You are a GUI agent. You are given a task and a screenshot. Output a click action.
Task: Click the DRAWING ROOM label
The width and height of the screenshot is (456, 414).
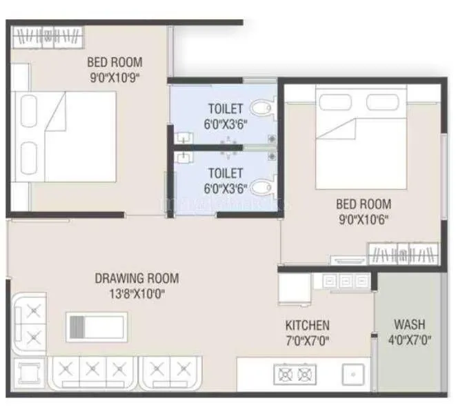click(136, 279)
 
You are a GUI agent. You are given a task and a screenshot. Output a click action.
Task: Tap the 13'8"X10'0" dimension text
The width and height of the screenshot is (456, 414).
click(136, 293)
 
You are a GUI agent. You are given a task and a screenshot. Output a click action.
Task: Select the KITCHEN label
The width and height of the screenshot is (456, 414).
click(307, 325)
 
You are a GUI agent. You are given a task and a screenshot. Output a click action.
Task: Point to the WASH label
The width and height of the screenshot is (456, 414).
click(409, 324)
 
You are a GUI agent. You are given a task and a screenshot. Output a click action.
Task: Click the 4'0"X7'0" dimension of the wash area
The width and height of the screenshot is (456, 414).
click(409, 339)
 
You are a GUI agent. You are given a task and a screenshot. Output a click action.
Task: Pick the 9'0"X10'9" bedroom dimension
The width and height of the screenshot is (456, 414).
click(115, 77)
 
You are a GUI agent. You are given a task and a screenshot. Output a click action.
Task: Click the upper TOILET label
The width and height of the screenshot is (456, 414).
click(226, 108)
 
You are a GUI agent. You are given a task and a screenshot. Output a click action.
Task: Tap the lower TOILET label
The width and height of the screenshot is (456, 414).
click(226, 172)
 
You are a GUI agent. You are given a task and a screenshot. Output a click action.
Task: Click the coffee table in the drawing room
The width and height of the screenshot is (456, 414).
click(96, 324)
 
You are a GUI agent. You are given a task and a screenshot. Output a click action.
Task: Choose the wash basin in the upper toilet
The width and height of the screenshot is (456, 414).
click(183, 135)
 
